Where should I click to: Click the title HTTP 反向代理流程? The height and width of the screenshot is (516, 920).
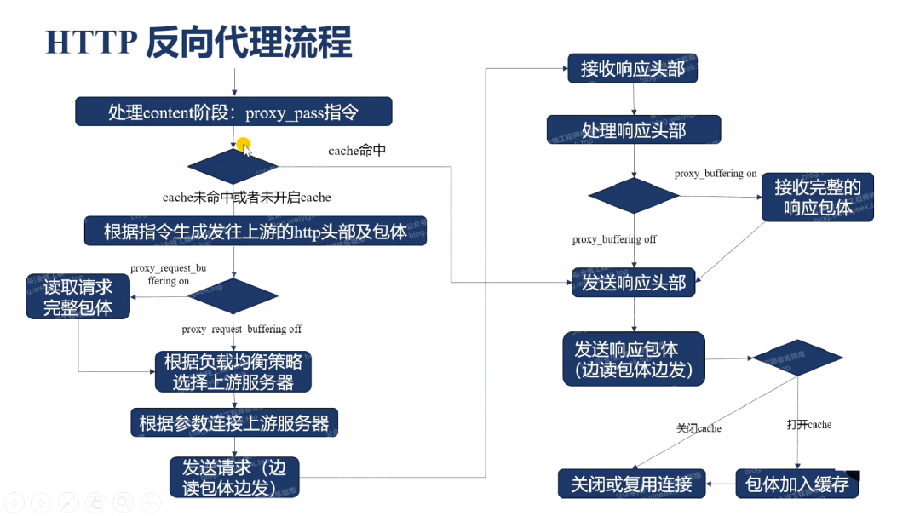pos(198,41)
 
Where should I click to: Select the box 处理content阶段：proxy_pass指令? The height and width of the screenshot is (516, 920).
pos(233,112)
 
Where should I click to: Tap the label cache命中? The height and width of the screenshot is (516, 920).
pos(357,151)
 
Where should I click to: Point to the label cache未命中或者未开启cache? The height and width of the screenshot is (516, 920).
pos(247,197)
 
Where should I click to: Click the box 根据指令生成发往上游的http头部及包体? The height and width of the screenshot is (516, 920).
pos(255,231)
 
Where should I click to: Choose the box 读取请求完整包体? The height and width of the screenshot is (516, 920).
pos(78,296)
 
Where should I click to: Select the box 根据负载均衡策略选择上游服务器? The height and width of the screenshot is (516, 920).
pos(233,372)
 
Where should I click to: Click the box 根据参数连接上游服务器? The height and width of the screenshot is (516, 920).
pos(234,422)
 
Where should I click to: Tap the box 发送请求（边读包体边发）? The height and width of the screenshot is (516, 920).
pos(234,477)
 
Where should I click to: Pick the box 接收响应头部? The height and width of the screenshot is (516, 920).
pos(633,69)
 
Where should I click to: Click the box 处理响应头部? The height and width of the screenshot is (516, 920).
pos(634,130)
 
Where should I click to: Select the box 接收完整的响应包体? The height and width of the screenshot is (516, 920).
pos(818,197)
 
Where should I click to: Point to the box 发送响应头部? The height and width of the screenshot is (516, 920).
pos(634,283)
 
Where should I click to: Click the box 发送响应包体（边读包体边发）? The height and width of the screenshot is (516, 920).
pos(634,358)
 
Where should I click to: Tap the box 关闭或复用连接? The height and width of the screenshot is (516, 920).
pos(632,484)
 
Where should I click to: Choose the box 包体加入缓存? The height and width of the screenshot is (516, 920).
pos(796,484)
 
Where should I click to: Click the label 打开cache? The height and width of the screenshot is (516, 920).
pos(809,424)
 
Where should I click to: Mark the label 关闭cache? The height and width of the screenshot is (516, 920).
pos(699,428)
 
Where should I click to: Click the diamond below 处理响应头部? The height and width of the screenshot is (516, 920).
pos(634,197)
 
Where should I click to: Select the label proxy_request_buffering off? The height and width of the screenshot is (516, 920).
pos(242,329)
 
